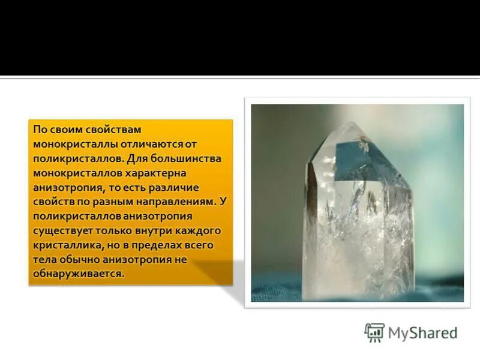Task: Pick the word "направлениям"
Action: point(181,202)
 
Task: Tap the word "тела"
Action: point(44,260)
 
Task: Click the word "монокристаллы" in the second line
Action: point(70,145)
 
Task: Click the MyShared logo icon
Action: point(374,332)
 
